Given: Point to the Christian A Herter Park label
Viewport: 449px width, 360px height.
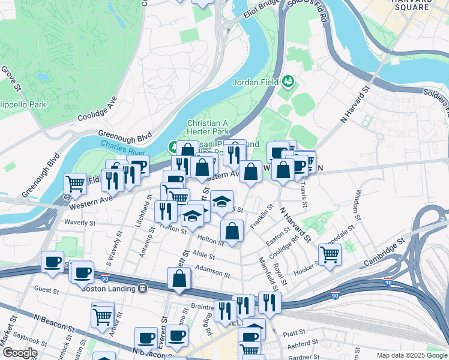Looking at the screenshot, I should [208, 127].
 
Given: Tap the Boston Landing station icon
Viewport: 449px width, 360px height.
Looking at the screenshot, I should [143, 287].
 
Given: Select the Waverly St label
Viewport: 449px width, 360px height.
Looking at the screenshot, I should [80, 222].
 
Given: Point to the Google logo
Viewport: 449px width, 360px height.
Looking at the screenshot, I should [20, 353].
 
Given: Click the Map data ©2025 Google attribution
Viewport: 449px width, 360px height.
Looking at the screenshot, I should [412, 355].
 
